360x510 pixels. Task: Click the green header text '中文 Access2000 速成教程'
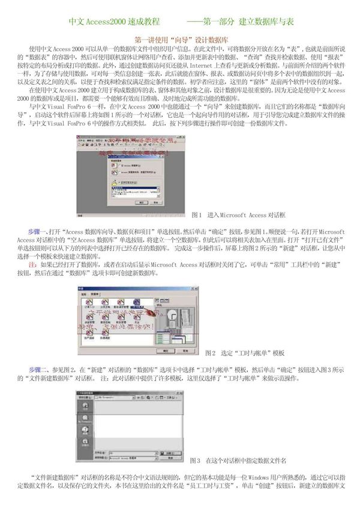[x=114, y=22]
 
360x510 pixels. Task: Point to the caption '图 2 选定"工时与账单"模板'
[x=245, y=352]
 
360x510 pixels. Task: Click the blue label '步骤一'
[x=38, y=232]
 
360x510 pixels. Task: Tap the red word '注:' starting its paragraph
[x=33, y=264]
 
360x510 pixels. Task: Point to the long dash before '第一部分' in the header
[x=197, y=22]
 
